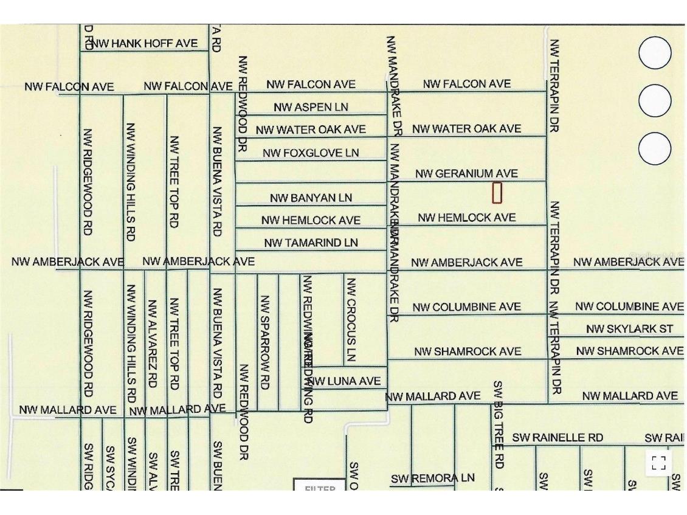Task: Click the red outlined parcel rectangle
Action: click(x=497, y=193)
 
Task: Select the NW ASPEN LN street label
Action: click(x=311, y=107)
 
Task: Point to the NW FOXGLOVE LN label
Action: click(x=311, y=153)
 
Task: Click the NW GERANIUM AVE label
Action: click(x=467, y=174)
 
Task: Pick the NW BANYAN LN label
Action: click(x=311, y=198)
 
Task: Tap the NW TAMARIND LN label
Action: click(x=311, y=243)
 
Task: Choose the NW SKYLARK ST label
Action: click(x=630, y=329)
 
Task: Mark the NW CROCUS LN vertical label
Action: click(x=350, y=320)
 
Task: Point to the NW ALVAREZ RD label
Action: click(x=152, y=344)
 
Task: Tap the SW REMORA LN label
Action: click(x=432, y=478)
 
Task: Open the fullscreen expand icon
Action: click(x=658, y=463)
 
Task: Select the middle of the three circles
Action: click(x=655, y=100)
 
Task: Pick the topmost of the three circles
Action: click(x=655, y=52)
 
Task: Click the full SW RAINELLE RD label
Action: click(x=558, y=437)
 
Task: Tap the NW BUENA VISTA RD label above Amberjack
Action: click(x=217, y=181)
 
